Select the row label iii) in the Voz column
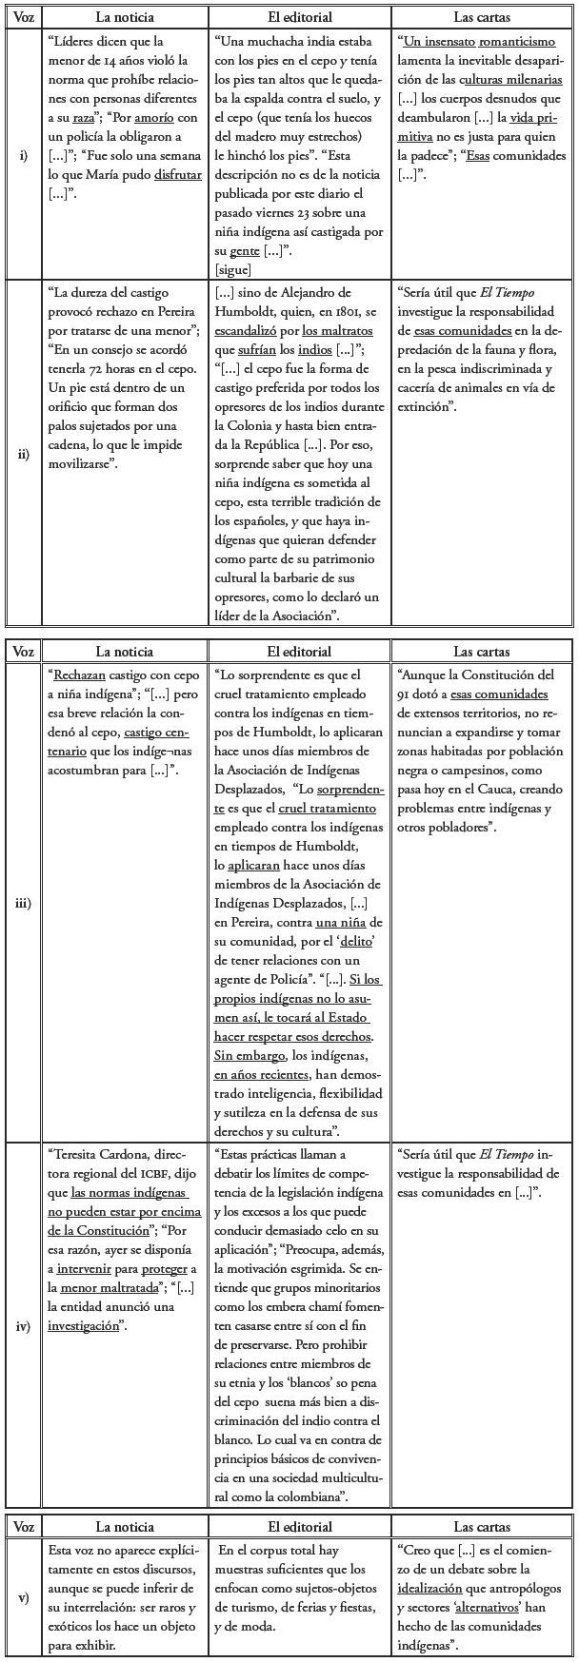[x=23, y=903]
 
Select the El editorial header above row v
[x=299, y=1527]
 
